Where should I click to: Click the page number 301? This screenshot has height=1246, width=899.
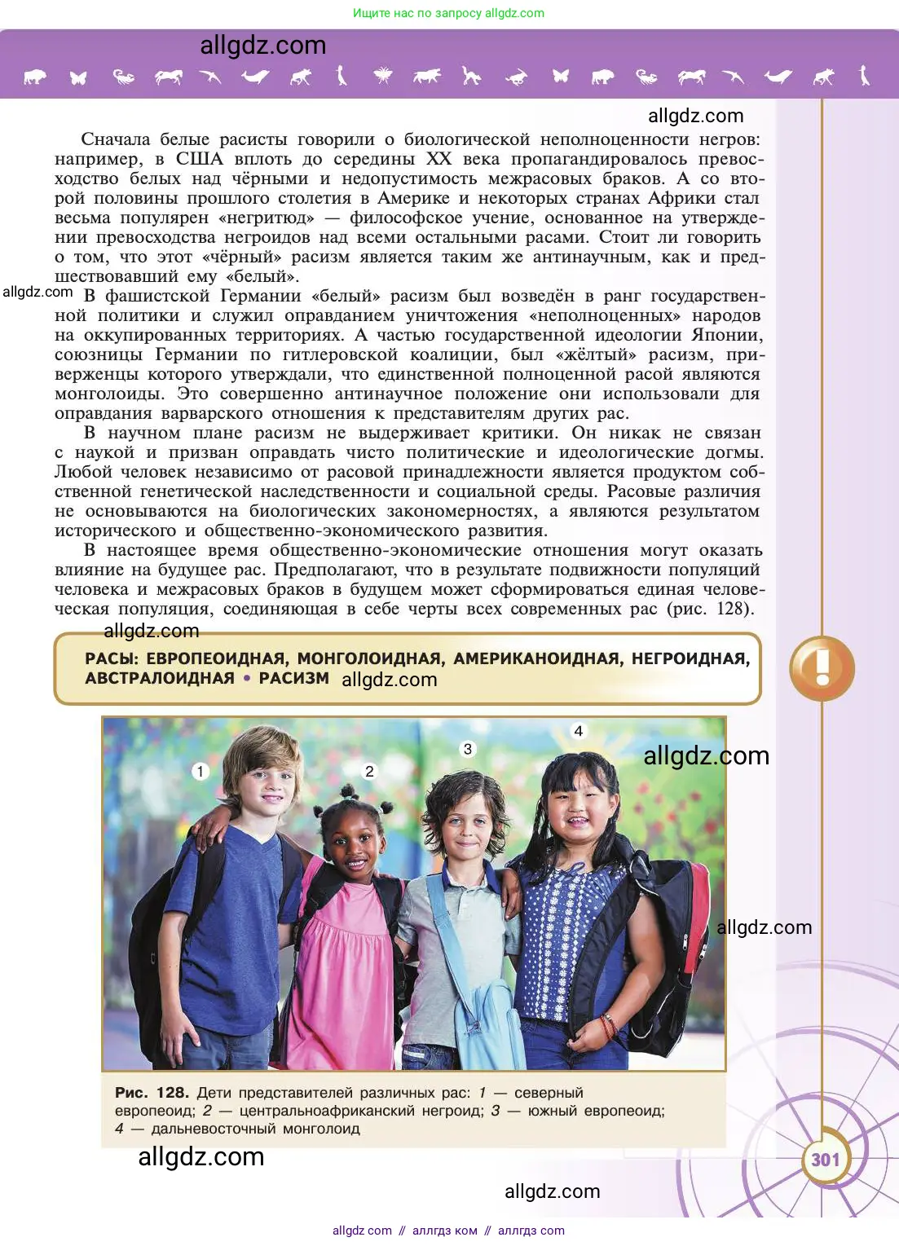point(825,1159)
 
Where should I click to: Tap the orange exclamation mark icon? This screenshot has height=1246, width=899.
point(822,668)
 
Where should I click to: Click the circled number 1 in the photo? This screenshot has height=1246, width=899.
point(201,771)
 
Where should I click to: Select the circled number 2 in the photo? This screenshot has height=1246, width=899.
point(369,771)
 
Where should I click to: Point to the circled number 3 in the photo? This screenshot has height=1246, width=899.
point(468,749)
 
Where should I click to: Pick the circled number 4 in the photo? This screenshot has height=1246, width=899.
point(579,731)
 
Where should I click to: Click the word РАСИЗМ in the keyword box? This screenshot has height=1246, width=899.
point(293,679)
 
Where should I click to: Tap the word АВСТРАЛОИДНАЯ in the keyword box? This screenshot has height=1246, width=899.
point(160,679)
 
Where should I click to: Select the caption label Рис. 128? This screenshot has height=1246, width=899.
point(152,1093)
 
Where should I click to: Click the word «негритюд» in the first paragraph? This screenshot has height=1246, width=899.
point(266,218)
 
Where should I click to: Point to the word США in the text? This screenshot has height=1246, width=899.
point(199,159)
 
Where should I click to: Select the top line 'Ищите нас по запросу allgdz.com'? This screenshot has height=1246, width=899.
point(448,13)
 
